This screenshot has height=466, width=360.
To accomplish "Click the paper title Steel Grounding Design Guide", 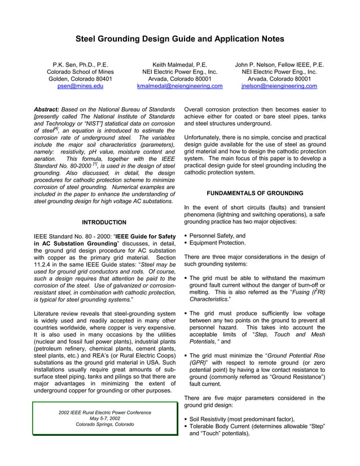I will pos(180,39).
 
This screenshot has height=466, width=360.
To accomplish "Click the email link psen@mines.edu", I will pos(80,86).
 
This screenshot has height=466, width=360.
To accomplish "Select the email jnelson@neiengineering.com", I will pos(279,86).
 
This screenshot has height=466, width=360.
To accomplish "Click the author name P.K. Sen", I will pos(80,65).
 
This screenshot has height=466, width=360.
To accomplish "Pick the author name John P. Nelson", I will pos(279,65).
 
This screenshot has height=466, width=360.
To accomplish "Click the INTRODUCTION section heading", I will pos(104,222).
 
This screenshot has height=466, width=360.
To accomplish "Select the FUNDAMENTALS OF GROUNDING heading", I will pos(255,193).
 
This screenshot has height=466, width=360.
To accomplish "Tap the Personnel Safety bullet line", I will pos(217,236).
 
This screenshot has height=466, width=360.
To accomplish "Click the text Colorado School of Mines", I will pos(80,72).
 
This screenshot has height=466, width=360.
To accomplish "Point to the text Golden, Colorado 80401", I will pos(80,80).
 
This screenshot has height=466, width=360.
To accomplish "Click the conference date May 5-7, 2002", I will pos(104,418).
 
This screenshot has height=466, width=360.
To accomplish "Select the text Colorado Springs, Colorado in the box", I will pos(104,424).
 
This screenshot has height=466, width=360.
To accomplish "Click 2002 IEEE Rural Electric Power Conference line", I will pos(104,412).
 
